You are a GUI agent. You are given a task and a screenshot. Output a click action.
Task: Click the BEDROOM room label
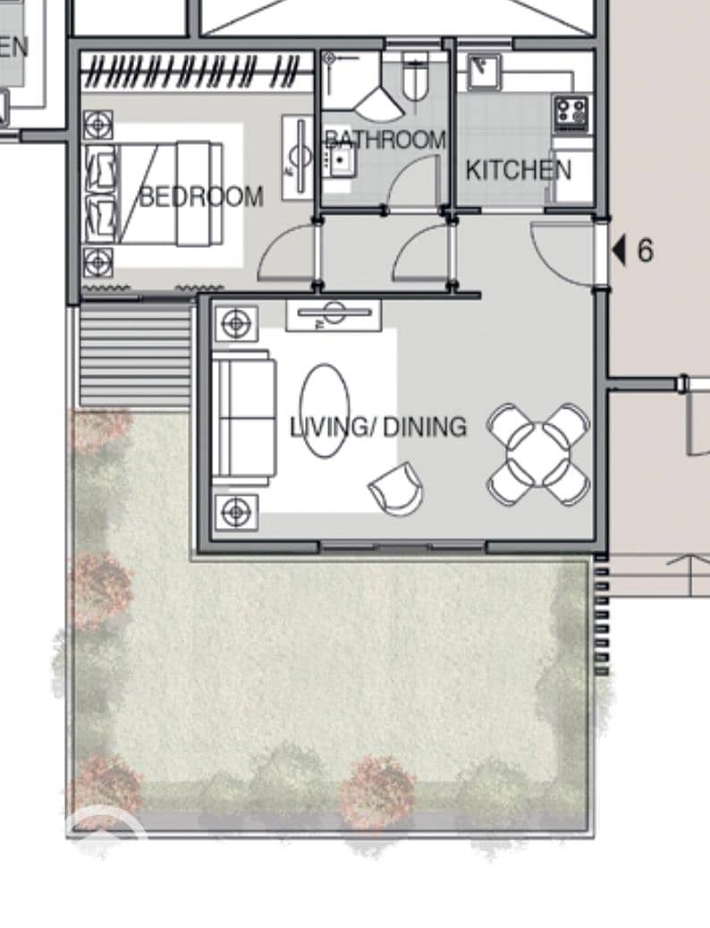[x=201, y=197]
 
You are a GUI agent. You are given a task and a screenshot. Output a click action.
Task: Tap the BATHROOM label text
[x=385, y=140]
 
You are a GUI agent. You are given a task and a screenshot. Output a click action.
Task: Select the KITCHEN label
[x=519, y=170]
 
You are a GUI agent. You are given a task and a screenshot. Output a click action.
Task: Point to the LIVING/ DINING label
[x=378, y=427]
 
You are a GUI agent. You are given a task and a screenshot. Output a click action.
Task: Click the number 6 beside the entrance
[x=645, y=250]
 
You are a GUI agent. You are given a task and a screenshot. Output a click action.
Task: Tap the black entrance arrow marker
[x=619, y=250]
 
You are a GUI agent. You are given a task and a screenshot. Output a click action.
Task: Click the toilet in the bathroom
[x=415, y=77]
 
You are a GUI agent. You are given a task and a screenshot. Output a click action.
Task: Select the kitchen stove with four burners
[x=571, y=113]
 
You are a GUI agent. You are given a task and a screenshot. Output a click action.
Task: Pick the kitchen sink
[x=484, y=72]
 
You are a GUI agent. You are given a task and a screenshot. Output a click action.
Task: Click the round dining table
[x=538, y=454]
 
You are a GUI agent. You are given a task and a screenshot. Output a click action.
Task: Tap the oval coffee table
[x=325, y=411]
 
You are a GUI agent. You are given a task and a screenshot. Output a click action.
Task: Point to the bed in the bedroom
[x=155, y=193]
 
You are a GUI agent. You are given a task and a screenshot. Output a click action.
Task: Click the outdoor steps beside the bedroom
[x=136, y=354]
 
